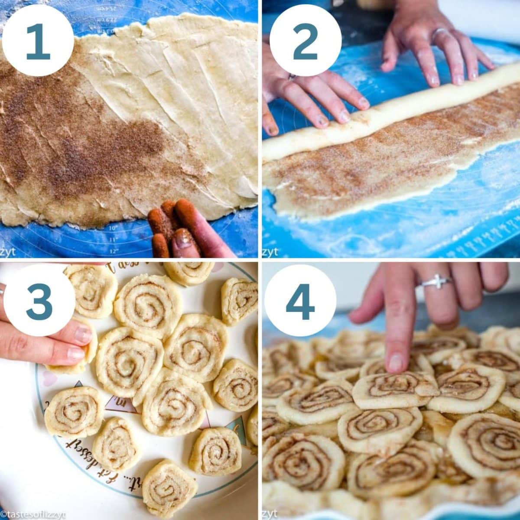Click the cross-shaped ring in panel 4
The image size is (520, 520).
435,281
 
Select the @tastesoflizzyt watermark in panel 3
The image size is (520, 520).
32,514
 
